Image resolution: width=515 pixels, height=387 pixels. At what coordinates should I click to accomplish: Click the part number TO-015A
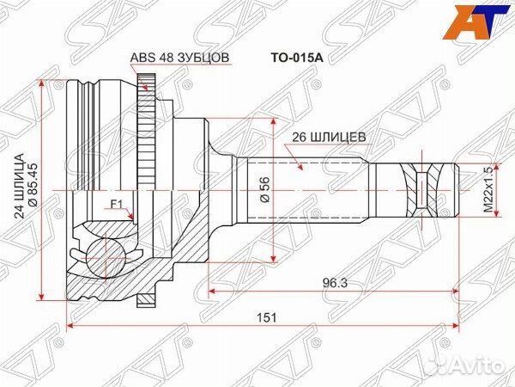click(x=279, y=61)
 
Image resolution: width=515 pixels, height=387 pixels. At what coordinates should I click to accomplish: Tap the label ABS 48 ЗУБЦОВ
click(x=179, y=59)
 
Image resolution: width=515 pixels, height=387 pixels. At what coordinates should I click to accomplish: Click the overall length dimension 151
click(x=267, y=316)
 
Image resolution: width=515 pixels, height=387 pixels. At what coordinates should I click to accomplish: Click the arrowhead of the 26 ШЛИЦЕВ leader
click(x=301, y=171)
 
